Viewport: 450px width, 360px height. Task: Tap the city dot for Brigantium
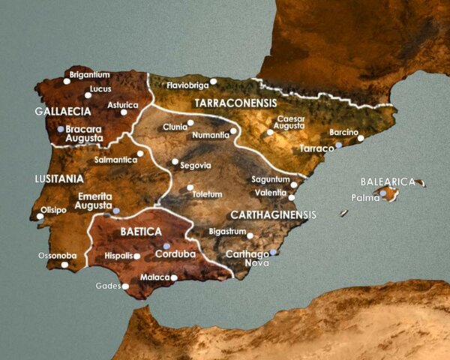tap(67, 81)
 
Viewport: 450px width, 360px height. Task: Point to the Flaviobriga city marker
tap(214, 81)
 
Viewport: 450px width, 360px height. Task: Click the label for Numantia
tap(212, 136)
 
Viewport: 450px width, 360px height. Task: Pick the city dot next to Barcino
tap(360, 138)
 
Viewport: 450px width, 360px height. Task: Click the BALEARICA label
tap(388, 181)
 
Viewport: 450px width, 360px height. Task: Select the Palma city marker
tap(383, 193)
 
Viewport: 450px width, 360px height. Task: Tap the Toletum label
tap(207, 194)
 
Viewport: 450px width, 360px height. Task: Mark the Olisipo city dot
tap(40, 217)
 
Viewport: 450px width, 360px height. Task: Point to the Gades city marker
tap(125, 286)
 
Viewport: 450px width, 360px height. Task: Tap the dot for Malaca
tap(174, 277)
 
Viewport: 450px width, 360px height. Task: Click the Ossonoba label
tap(58, 256)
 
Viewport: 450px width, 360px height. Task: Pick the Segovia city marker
tap(175, 161)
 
